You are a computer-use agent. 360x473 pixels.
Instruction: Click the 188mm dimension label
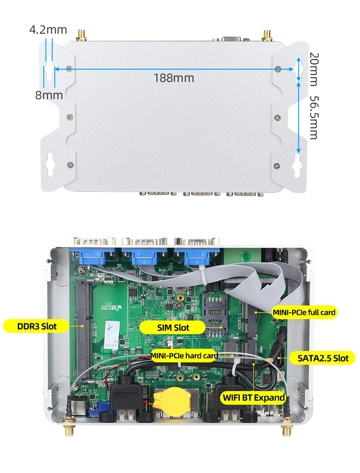point(174,78)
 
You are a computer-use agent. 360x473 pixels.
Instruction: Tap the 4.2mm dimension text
point(48,30)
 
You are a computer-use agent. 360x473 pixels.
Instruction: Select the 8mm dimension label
point(49,95)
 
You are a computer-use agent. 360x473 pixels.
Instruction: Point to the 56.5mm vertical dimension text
point(314,117)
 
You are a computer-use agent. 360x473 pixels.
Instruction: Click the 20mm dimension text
point(314,69)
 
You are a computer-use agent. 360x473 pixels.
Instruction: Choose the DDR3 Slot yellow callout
point(36,326)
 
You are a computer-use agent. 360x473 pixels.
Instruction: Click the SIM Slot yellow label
point(173,328)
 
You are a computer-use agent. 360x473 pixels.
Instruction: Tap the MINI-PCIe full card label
point(304,312)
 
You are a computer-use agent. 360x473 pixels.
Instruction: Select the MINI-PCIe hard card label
point(184,356)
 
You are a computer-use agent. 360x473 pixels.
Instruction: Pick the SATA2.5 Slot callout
point(323,358)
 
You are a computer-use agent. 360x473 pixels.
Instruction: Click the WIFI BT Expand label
point(254,397)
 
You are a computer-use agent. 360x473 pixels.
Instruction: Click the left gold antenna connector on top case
point(82,36)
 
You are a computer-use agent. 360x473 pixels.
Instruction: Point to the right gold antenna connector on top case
point(267,36)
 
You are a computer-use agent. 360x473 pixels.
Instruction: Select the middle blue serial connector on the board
point(143,256)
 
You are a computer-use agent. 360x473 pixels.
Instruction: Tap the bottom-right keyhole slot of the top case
point(298,165)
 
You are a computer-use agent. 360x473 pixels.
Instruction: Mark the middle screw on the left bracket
point(69,117)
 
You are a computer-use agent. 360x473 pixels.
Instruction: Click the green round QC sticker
point(246,256)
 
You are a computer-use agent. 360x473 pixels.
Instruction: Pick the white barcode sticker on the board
point(113,335)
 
